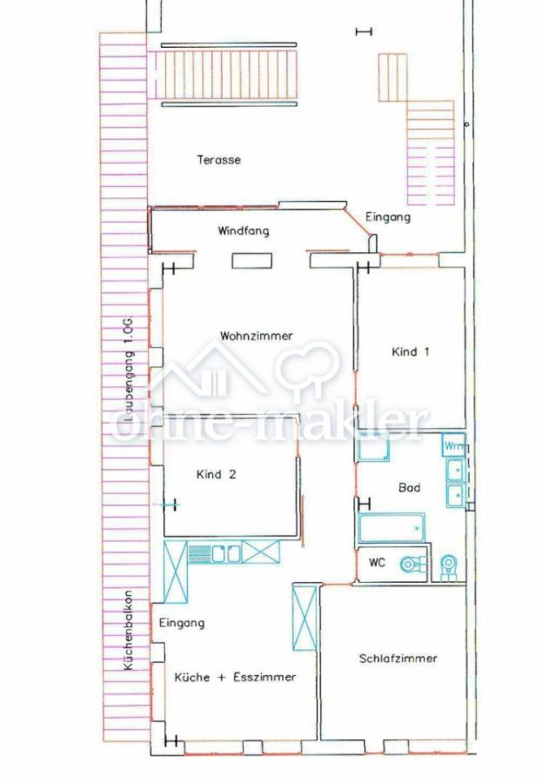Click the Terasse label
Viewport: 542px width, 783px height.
218,160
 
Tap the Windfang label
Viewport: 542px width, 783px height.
244,231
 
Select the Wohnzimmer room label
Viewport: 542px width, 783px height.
257,336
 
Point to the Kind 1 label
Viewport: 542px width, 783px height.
410,351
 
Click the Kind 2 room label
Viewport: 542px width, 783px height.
216,474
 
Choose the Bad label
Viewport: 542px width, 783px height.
409,487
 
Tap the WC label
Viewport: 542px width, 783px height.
378,563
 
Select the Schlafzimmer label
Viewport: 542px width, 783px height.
398,659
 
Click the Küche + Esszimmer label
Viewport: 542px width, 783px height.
235,677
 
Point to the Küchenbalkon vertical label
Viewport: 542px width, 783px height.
128,631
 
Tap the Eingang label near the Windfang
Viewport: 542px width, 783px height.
388,217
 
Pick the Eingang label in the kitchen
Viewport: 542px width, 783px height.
181,623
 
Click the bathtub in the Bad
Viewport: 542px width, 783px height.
391,527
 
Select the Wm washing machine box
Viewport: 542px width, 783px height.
453,445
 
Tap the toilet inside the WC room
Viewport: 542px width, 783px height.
414,565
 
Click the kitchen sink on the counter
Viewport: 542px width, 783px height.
226,553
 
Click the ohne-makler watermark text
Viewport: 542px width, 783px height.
269,425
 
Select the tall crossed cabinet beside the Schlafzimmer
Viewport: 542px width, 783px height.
304,619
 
